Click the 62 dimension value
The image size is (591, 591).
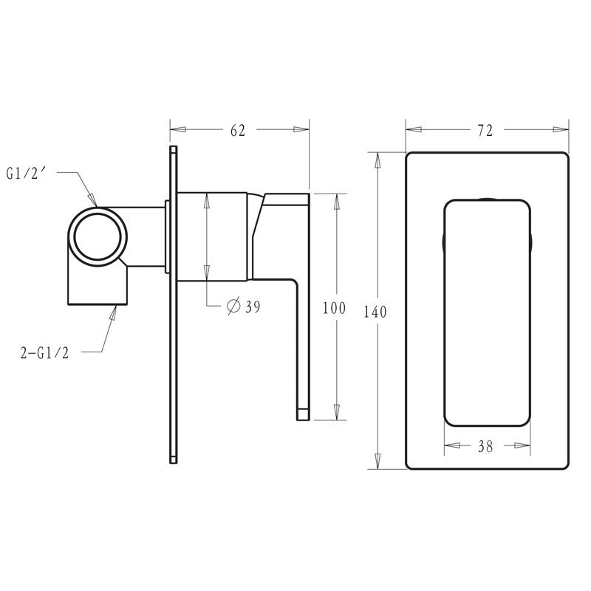(x=237, y=130)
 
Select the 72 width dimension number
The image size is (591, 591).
(x=485, y=131)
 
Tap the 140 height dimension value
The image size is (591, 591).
(x=375, y=312)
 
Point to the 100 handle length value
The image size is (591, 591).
(x=334, y=308)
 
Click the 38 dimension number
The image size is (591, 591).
(x=485, y=446)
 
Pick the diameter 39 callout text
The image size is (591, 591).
(x=244, y=306)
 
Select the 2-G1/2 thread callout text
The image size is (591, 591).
(x=45, y=353)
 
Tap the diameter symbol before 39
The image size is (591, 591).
(x=233, y=306)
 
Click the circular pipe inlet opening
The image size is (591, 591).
(x=98, y=236)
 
